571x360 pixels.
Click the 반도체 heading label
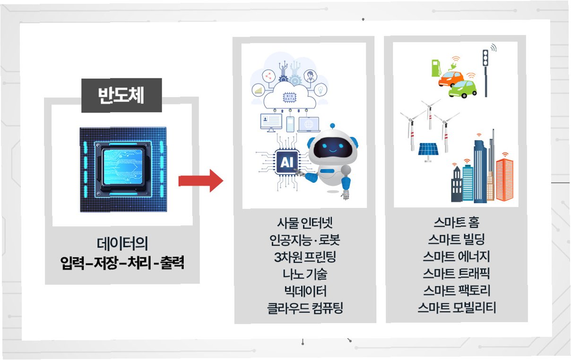pyautogui.click(x=121, y=95)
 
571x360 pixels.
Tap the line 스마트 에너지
pyautogui.click(x=456, y=257)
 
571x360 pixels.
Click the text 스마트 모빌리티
pyautogui.click(x=456, y=309)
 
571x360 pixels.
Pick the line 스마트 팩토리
pyautogui.click(x=456, y=291)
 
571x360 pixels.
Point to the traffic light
pyautogui.click(x=485, y=59)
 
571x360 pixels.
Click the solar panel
pyautogui.click(x=430, y=150)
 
